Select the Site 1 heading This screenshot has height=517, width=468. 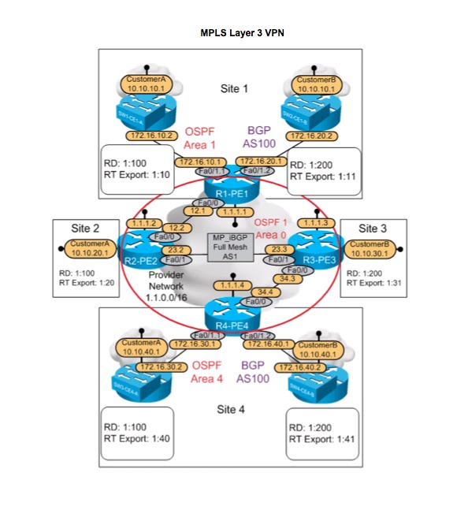click(234, 89)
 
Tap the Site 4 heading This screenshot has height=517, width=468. click(232, 410)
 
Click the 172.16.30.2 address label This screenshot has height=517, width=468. click(161, 367)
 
